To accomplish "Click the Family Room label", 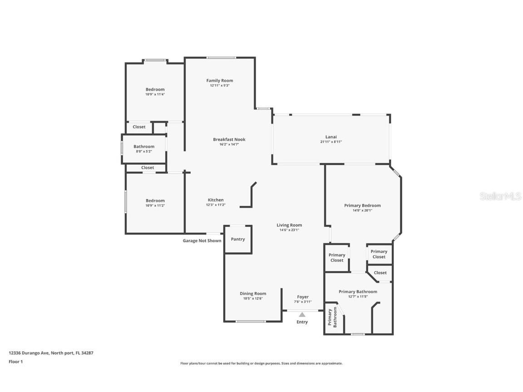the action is click(x=219, y=80).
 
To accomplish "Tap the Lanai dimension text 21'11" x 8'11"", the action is click(x=331, y=142).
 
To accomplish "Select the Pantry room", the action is click(x=238, y=240).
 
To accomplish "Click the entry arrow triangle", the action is click(x=302, y=314).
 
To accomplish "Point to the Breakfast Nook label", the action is click(x=229, y=139).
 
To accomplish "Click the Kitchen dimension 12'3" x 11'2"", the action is click(x=216, y=205).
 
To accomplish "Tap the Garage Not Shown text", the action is click(x=202, y=240).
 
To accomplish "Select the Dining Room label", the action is click(x=253, y=294).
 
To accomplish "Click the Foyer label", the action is click(x=303, y=297).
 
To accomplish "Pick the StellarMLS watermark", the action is click(x=500, y=196).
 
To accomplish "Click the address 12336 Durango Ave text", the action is click(x=30, y=353).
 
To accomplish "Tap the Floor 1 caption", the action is click(x=16, y=361).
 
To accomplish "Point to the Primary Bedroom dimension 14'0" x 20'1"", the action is click(x=362, y=211).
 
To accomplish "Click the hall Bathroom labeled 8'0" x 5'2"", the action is click(x=144, y=149).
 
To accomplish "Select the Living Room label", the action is click(x=289, y=225).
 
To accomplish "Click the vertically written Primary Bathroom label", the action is click(x=332, y=317).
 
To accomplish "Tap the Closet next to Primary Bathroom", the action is click(x=380, y=273).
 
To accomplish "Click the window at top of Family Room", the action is click(x=221, y=58).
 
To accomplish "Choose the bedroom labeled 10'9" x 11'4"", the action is click(x=155, y=92).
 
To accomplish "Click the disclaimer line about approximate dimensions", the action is click(x=261, y=363).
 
